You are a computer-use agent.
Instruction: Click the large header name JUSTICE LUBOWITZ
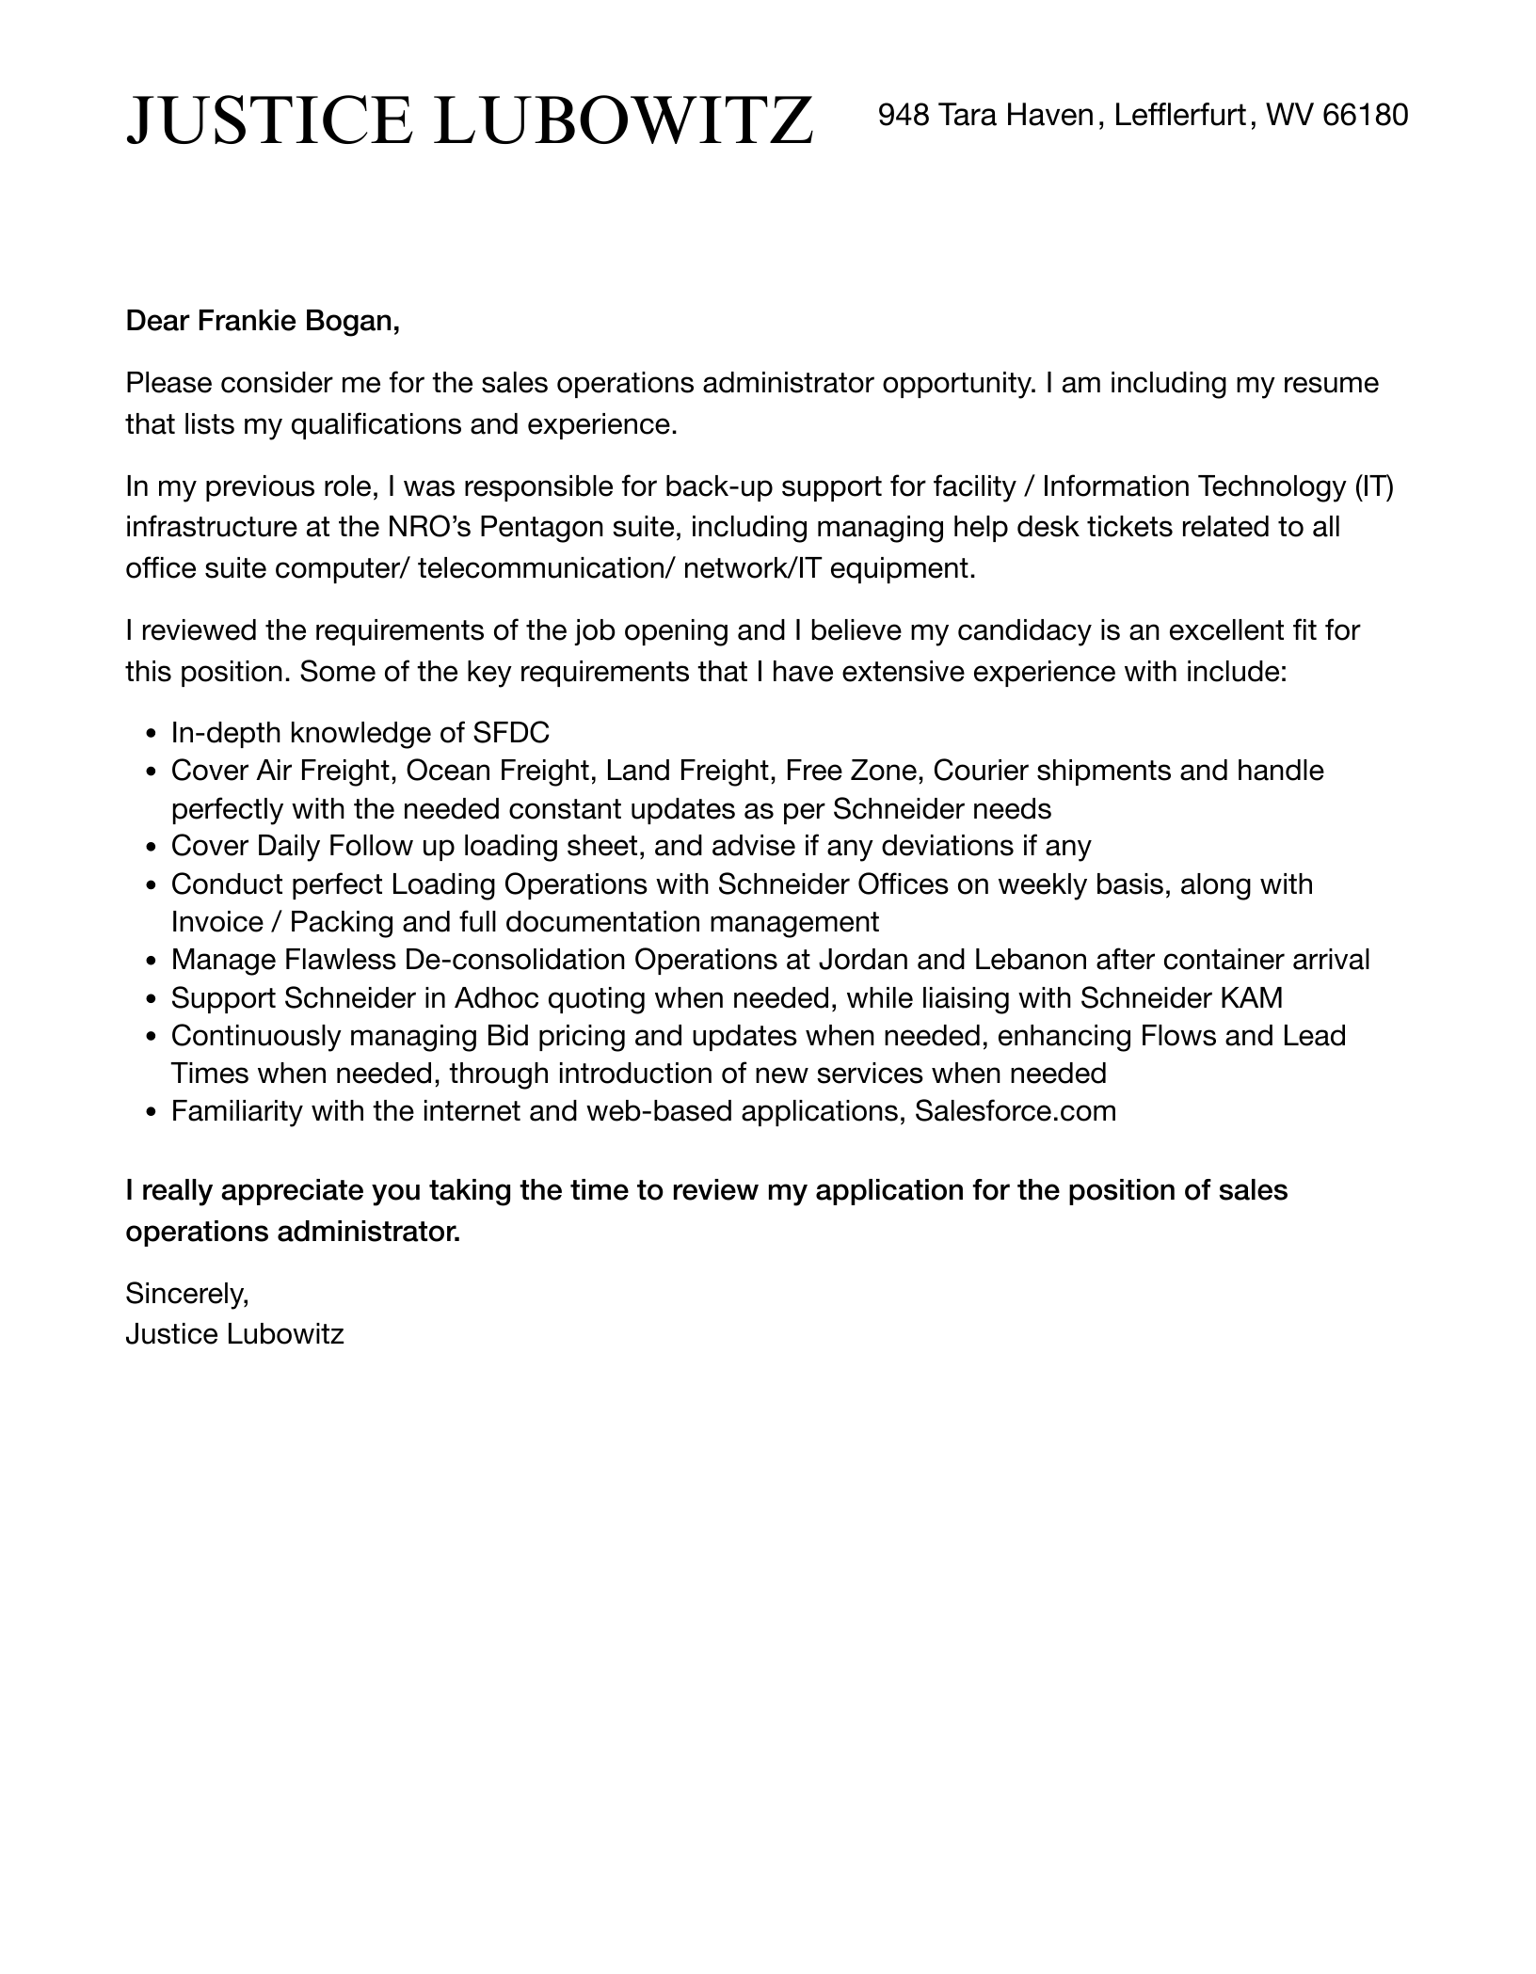tap(470, 120)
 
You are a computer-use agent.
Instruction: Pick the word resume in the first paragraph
tap(1337, 384)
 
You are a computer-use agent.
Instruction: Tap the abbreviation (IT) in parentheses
tap(1374, 486)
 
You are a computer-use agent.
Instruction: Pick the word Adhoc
tap(496, 997)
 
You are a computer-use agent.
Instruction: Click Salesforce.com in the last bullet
tap(1015, 1111)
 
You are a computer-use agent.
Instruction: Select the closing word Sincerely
tap(186, 1294)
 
